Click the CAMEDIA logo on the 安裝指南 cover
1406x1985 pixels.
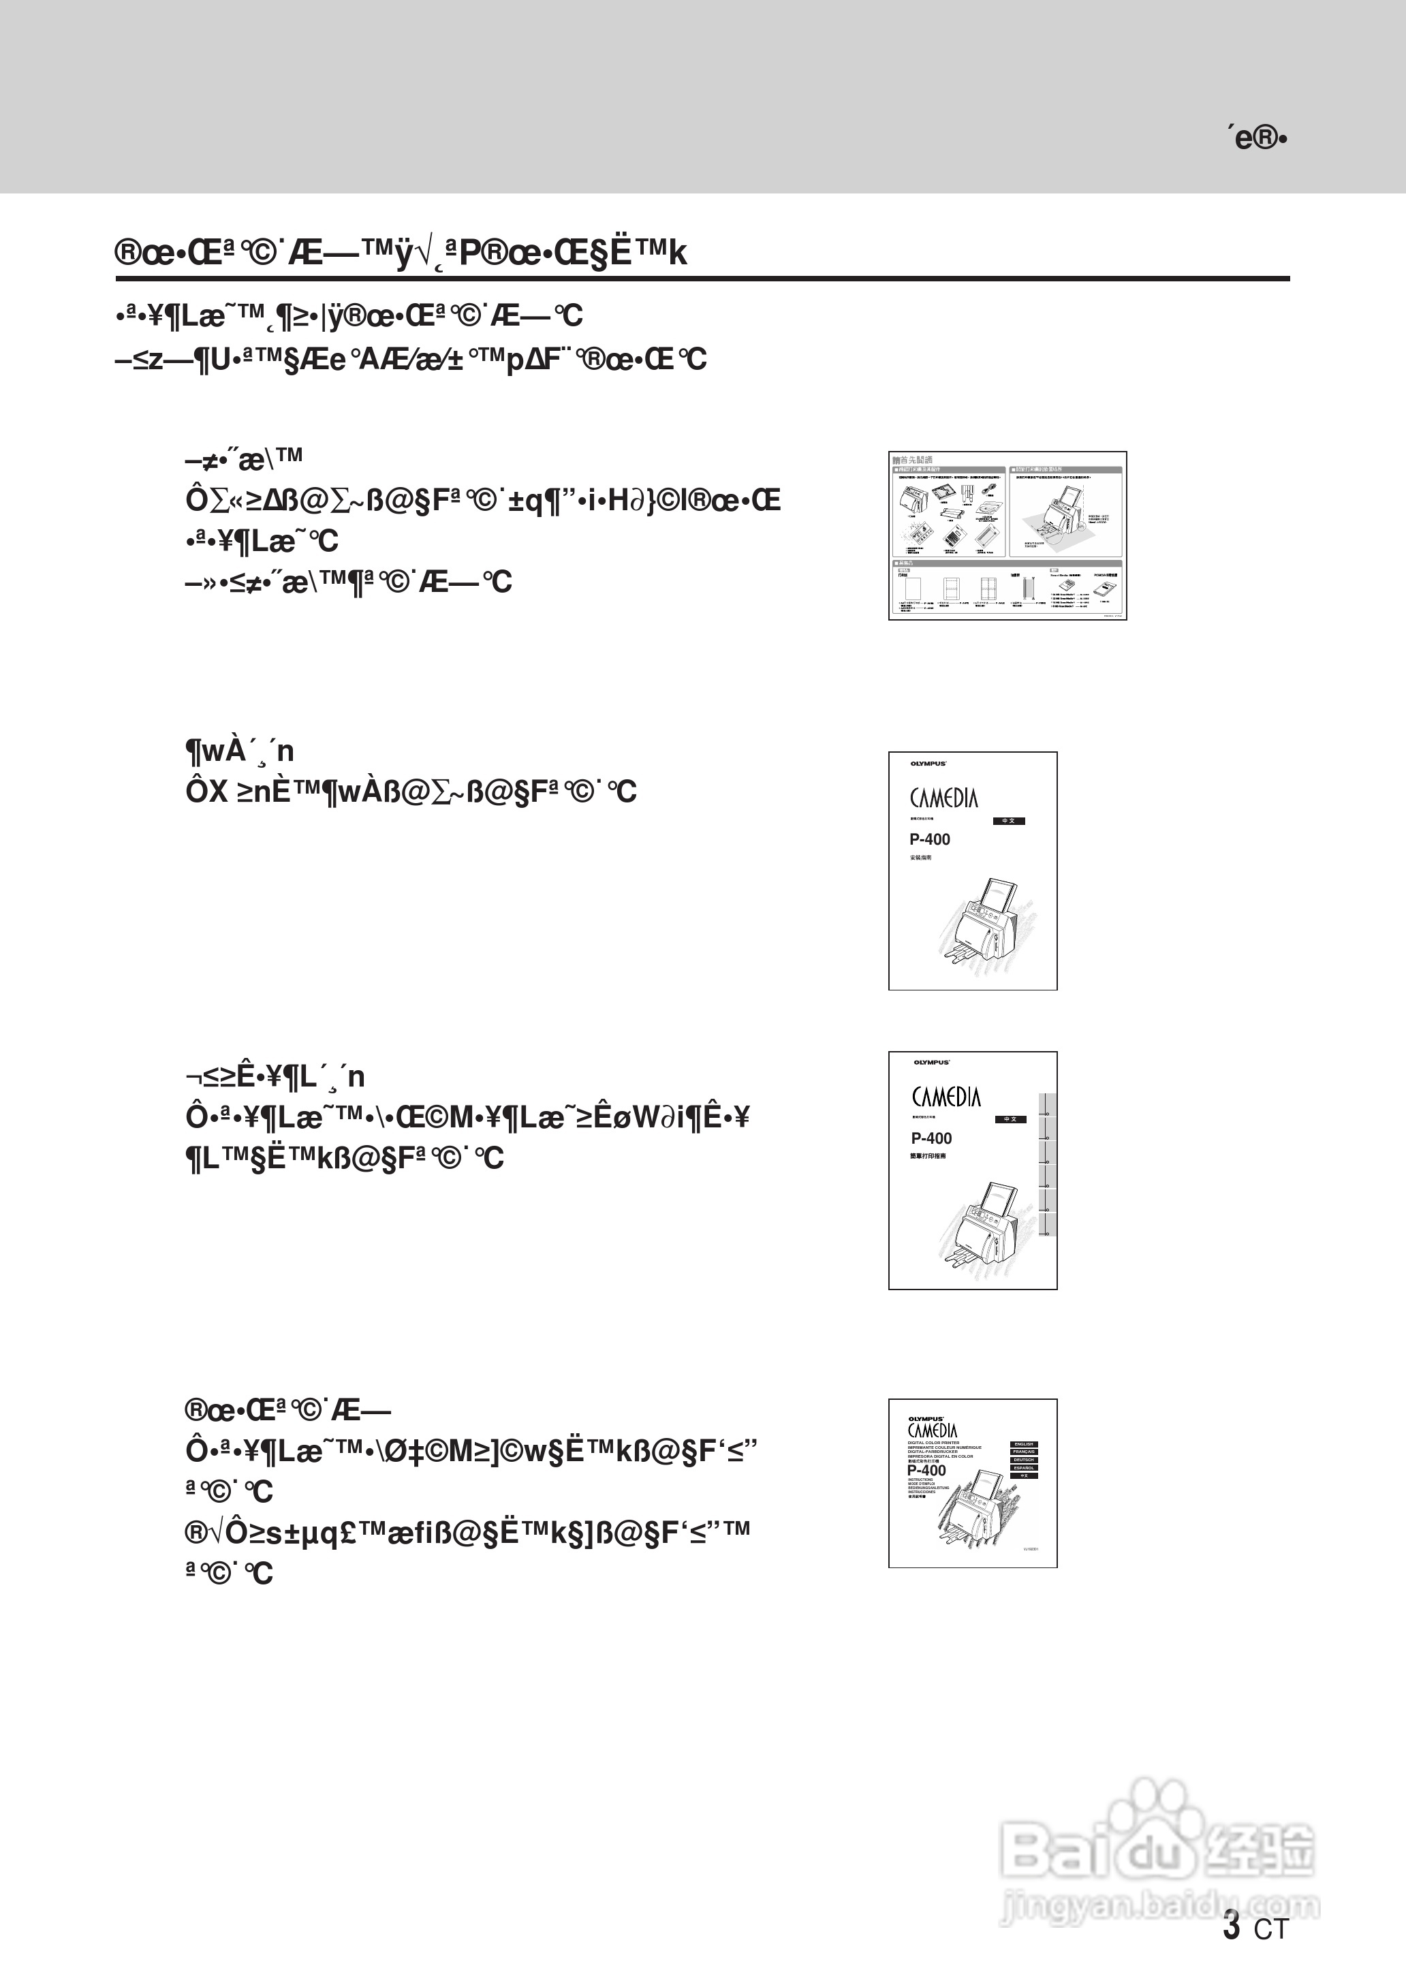943,798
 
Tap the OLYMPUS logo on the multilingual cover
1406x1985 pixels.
926,1419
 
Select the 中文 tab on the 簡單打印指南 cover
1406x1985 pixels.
1009,1119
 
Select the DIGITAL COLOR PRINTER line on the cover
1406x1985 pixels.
933,1442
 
